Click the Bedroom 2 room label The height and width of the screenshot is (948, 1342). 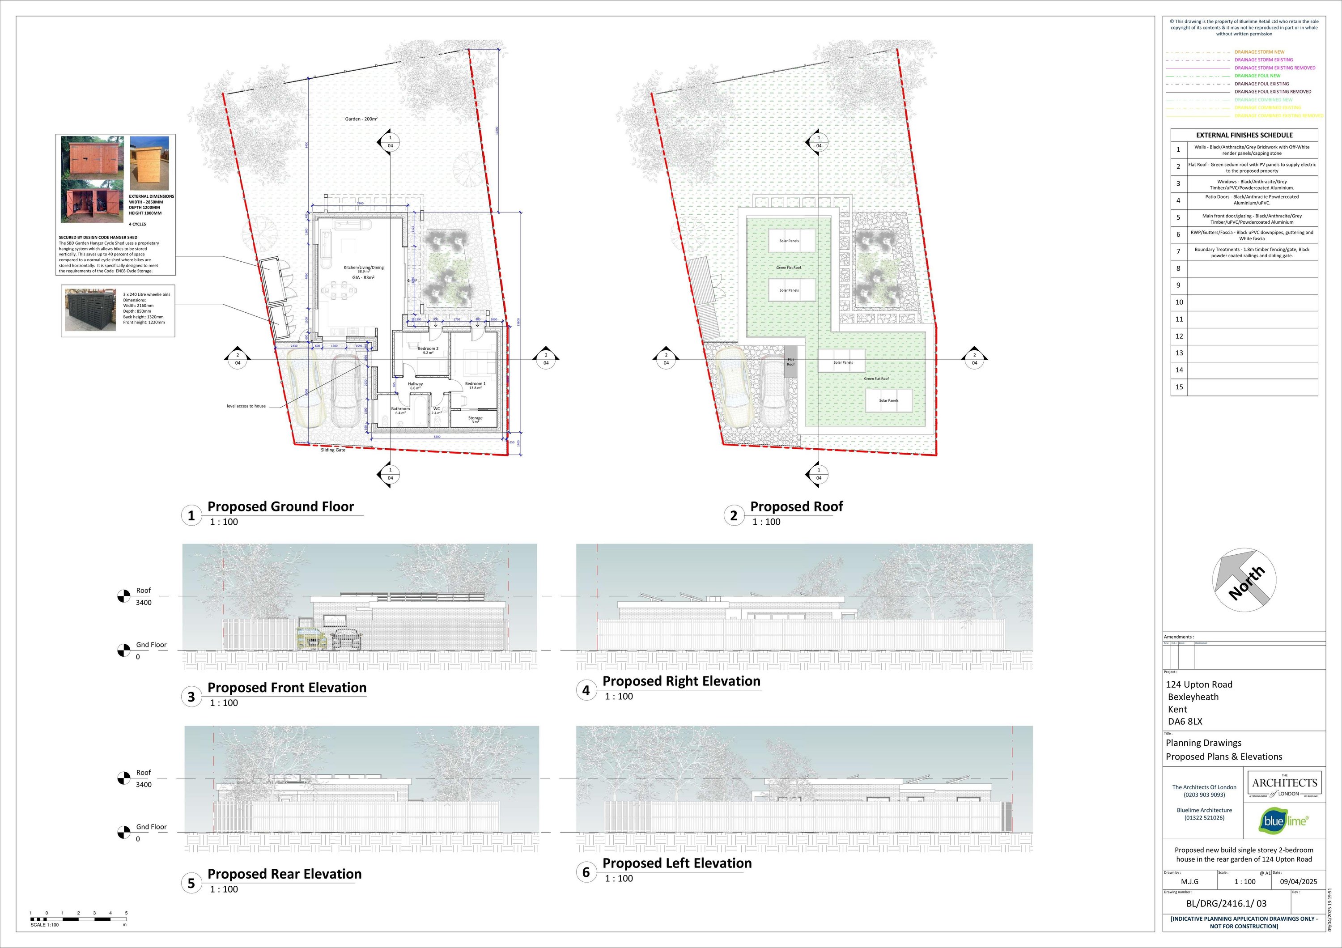(x=428, y=349)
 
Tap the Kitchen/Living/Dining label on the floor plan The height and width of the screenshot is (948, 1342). (x=364, y=268)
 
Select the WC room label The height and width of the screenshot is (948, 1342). (x=437, y=409)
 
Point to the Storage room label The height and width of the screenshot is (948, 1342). (x=475, y=418)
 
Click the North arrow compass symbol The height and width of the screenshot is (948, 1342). (x=1244, y=580)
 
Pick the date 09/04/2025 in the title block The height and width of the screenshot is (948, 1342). (x=1299, y=881)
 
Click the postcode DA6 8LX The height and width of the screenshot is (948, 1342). (x=1184, y=721)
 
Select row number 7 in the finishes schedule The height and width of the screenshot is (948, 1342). (x=1178, y=252)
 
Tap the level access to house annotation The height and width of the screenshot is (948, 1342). (x=246, y=406)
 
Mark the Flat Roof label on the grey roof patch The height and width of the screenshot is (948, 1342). (x=790, y=362)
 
